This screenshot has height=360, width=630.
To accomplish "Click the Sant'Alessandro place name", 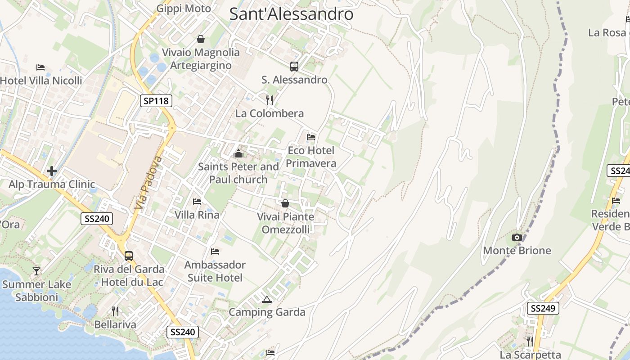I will coord(291,13).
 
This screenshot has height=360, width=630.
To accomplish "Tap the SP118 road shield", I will coord(156,101).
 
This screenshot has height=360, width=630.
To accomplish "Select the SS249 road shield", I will coord(543,308).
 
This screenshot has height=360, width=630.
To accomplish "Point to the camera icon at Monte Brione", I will coord(517,237).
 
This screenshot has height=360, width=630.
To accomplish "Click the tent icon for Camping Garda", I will coord(267,299).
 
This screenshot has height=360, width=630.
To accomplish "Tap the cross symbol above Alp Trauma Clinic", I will coord(52,171).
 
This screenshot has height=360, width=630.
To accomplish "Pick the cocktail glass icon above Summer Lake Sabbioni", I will coord(36,271).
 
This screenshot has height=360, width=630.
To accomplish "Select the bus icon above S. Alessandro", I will coord(294,67).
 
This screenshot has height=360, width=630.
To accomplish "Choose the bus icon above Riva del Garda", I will coord(129,256).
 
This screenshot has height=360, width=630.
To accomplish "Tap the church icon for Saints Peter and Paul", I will coord(238,154).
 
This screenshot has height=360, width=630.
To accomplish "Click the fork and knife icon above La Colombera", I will coord(270,100).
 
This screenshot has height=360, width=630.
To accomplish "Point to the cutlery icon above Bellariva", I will coord(115,311).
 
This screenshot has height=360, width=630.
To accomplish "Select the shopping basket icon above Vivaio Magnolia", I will coord(201,39).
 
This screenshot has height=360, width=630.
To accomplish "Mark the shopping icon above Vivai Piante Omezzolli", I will coord(285,203).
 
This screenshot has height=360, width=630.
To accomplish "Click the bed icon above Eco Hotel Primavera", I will coord(311,137).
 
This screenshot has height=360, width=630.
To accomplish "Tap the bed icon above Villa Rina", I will coord(197,201).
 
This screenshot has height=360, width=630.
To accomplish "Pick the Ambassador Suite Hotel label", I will coord(215,271).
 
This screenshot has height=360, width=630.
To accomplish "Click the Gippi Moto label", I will coord(184,9).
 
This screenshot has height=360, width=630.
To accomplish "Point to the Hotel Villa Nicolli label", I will coord(41,81).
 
